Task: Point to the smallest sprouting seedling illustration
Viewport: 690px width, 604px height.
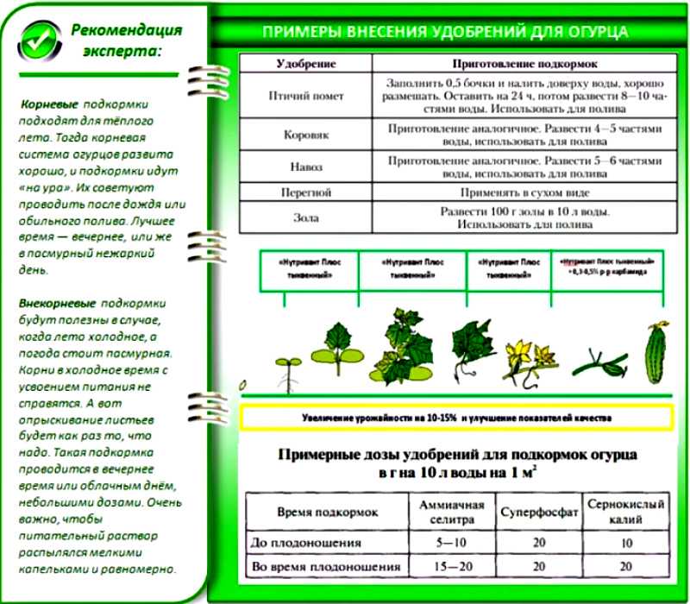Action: click(289, 366)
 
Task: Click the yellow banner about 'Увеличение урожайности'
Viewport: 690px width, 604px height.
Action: click(457, 418)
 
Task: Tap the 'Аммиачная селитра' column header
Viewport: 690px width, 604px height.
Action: click(452, 511)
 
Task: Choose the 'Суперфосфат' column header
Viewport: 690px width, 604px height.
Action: click(537, 512)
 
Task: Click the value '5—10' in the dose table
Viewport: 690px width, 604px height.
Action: click(452, 543)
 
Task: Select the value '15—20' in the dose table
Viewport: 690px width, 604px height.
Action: click(452, 567)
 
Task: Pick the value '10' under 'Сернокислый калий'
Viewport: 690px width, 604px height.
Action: click(626, 543)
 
